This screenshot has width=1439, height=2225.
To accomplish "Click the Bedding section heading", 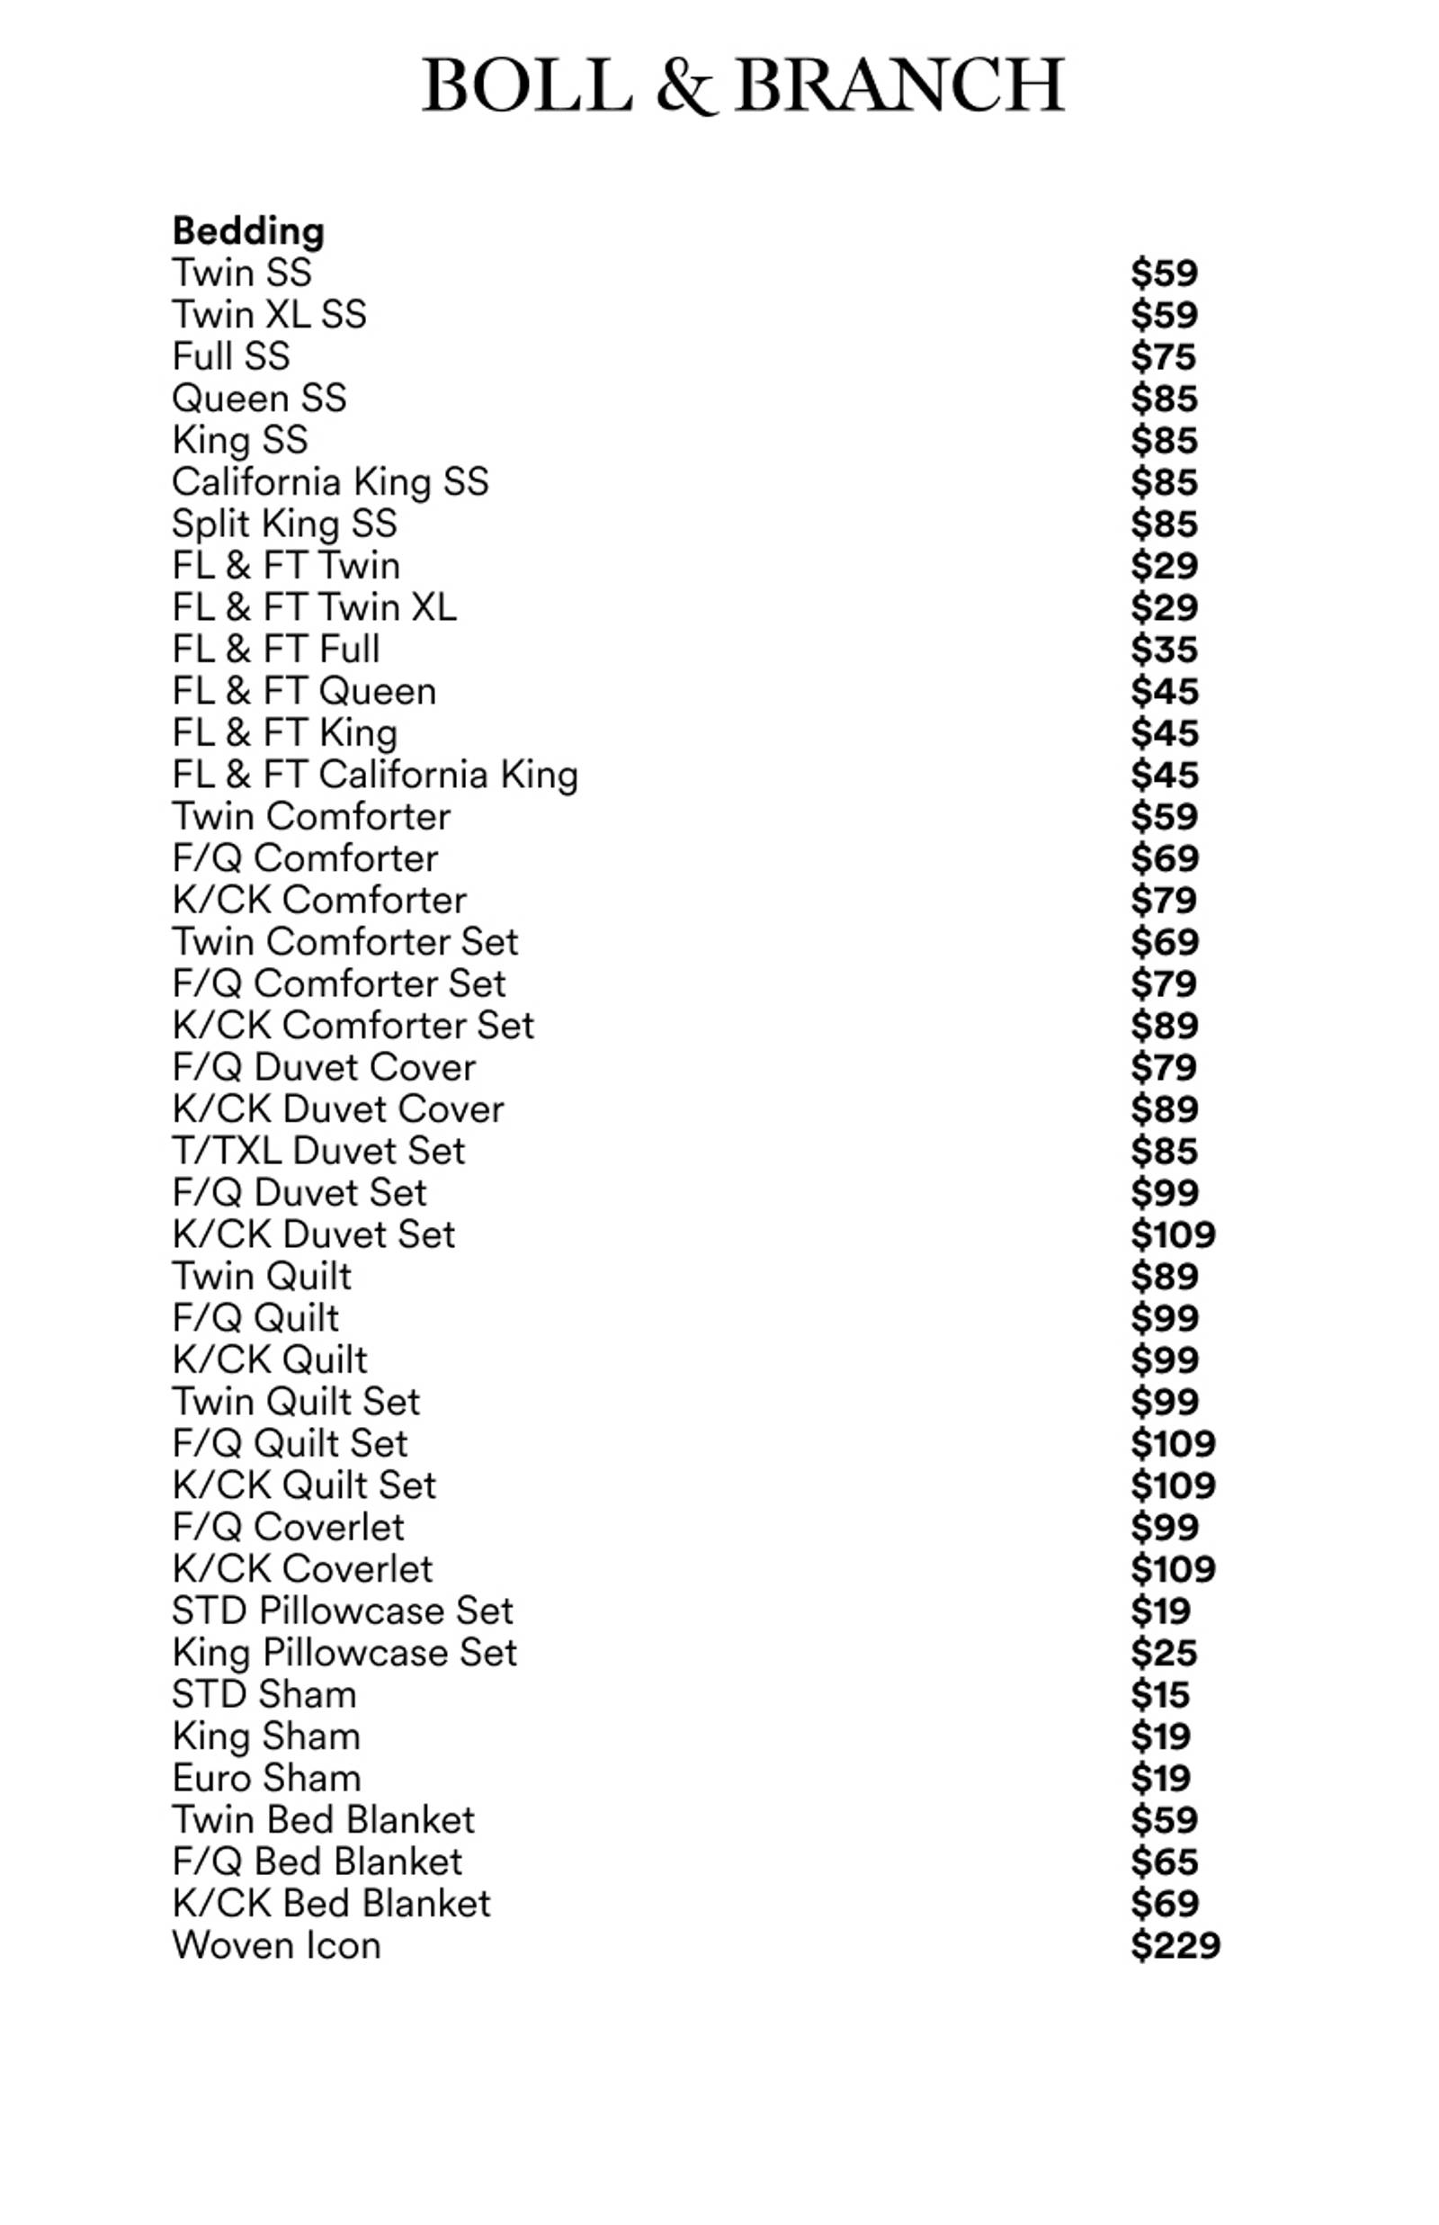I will pos(248,231).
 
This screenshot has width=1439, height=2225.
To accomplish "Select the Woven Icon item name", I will pos(277,1944).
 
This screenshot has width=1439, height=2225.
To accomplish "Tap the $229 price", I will pos(1175,1945).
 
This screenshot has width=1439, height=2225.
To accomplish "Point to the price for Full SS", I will pos(1164,356).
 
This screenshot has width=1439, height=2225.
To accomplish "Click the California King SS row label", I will pos(330,481).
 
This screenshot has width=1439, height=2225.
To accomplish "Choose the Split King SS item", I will pos(284,524).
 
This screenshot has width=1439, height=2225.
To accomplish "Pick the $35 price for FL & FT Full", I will pos(1164,649).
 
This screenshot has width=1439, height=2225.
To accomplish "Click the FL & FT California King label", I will pos(375,775).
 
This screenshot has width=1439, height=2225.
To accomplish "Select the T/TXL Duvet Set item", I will pos(317,1151).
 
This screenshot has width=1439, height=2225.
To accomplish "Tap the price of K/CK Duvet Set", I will pos(1173,1234).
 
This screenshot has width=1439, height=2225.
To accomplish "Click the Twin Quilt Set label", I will pos(296,1402).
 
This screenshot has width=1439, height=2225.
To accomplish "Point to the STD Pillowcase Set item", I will pos(342,1610).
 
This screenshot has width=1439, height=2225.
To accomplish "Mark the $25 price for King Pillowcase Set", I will pos(1164,1652).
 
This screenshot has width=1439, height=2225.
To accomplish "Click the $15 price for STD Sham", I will pos(1159,1694).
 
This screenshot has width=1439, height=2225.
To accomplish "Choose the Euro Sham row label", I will pos(266,1777).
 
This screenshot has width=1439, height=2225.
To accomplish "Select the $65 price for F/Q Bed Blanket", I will pos(1164,1862).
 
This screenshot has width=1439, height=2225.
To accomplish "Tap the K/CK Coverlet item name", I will pos(303,1569).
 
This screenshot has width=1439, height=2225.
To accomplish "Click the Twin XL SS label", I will pos(269,314).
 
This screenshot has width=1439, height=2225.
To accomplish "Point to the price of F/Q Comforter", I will pos(1164,857).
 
